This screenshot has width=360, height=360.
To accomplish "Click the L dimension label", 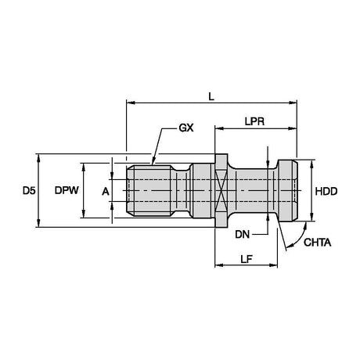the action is pos(211,97).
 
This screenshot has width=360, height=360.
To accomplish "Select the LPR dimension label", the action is pos(254,121).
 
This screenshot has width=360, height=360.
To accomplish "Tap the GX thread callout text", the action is pos(186,128).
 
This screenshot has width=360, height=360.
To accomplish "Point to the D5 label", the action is pos(29,191).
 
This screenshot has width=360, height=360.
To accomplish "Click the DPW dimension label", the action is pos(67,190).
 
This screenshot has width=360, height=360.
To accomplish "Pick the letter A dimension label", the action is pos(106,192).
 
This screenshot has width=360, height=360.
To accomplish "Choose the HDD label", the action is pos(326,191).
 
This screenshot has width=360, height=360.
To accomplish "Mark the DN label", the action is pos(243,235).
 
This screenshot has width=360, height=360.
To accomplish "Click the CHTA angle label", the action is pos(317,243).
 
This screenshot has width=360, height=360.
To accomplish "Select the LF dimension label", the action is pos(247,259).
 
